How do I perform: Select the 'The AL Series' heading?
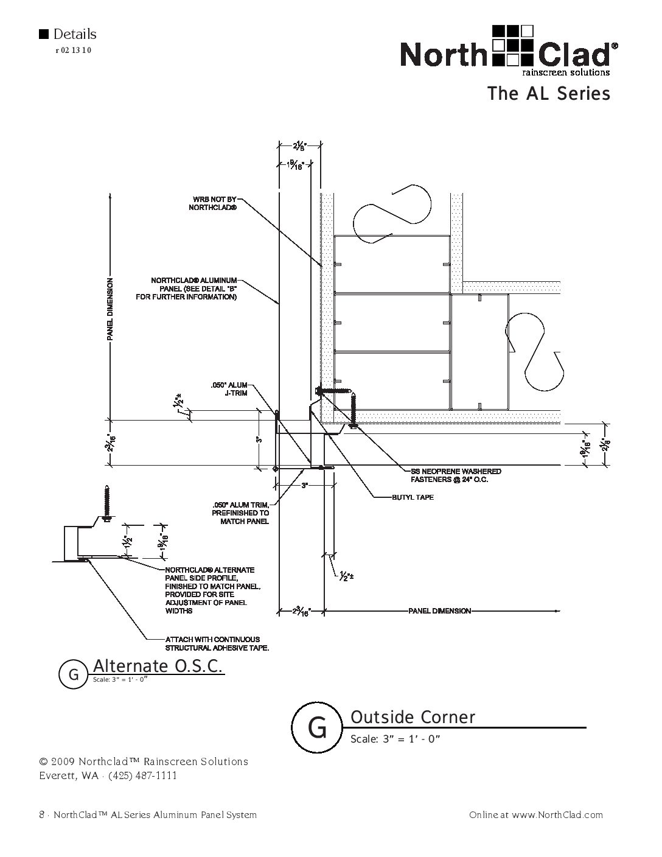(548, 94)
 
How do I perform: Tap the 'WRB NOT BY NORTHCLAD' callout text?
(212, 203)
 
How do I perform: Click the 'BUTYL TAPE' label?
(413, 497)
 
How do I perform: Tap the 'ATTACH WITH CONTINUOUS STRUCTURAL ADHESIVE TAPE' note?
(217, 643)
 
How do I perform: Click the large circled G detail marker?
(316, 728)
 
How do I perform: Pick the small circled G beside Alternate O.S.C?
(74, 674)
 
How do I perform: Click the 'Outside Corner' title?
(413, 718)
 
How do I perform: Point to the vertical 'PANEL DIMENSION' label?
(110, 309)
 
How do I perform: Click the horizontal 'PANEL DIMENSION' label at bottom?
(439, 610)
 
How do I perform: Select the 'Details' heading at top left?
(74, 35)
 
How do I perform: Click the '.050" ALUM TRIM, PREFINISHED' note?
(240, 513)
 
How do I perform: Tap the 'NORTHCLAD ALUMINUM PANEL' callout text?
(189, 289)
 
